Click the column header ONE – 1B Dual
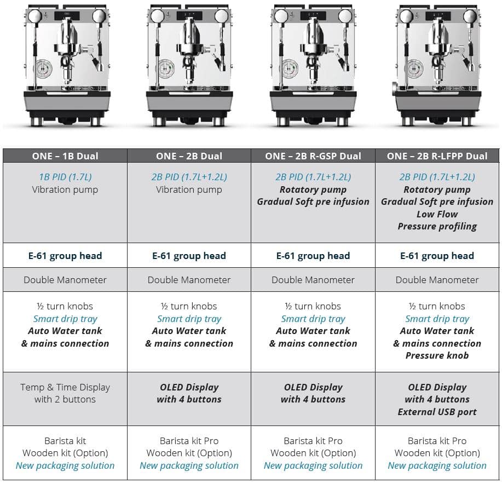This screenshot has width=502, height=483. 65,156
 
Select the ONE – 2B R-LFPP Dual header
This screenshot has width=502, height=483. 437,156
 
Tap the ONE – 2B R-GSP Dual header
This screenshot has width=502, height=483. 313,156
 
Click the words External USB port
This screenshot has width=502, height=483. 437,412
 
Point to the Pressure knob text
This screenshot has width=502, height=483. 437,355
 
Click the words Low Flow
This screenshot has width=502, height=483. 437,214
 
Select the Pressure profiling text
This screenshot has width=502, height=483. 437,226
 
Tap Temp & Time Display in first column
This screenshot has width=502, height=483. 65,387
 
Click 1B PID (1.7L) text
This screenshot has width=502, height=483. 65,177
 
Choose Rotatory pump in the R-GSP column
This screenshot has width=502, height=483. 313,189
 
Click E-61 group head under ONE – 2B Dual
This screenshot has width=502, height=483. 189,256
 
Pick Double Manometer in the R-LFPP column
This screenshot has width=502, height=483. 437,280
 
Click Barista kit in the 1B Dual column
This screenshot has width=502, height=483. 65,441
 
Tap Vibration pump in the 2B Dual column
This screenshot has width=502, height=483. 189,189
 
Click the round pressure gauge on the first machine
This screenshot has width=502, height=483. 44,70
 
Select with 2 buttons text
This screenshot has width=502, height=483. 65,399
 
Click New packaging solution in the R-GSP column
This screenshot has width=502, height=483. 313,465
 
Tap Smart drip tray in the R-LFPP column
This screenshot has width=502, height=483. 437,319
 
